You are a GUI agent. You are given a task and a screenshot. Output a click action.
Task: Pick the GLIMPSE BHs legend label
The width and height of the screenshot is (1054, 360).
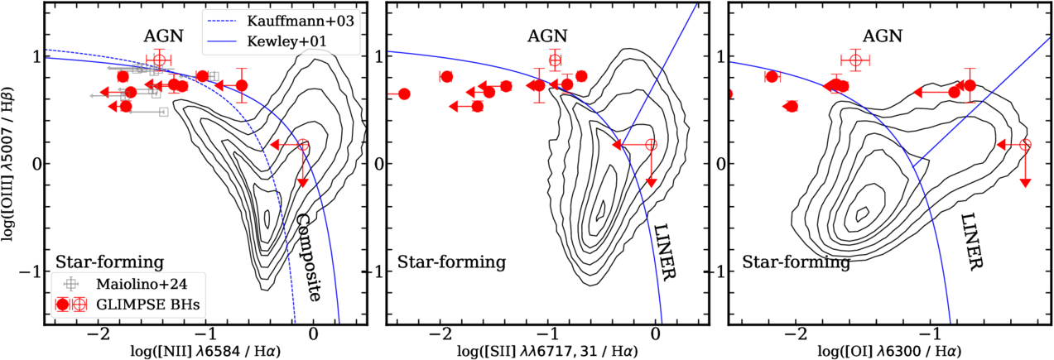point(147,305)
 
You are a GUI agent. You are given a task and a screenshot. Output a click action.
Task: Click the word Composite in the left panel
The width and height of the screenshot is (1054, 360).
point(308,257)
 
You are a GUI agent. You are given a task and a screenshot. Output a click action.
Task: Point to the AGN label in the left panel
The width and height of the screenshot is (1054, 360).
point(163,36)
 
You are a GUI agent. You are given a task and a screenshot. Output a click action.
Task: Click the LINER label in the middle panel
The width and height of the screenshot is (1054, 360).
point(664,252)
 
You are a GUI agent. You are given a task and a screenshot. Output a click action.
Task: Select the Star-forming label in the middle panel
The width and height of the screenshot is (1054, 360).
point(452,262)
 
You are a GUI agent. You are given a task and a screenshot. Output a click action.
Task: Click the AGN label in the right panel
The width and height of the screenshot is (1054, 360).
point(883,36)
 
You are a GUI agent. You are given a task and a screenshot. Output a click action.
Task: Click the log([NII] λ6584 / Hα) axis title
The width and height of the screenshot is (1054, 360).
point(205,351)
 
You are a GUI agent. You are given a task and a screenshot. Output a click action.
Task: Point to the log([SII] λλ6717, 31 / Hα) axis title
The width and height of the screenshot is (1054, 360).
point(548,351)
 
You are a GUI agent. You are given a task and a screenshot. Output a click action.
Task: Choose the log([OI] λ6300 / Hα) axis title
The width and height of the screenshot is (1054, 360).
point(889,351)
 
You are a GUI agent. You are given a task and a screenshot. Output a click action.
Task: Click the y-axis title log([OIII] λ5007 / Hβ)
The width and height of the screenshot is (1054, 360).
point(8,163)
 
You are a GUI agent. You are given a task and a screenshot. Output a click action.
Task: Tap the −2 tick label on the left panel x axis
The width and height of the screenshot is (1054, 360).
point(98,334)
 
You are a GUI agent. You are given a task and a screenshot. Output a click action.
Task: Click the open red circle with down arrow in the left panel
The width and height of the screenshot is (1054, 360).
point(303,145)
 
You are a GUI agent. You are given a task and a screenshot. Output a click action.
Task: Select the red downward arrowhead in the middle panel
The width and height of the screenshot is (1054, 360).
point(652,183)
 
